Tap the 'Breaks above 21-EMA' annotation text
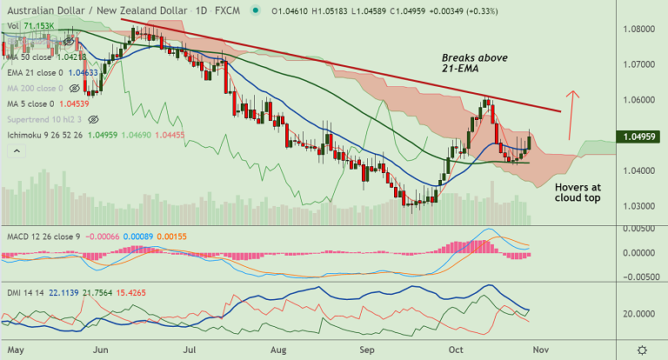(x=474, y=63)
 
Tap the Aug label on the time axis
(x=278, y=350)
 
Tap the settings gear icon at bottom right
(x=641, y=350)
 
